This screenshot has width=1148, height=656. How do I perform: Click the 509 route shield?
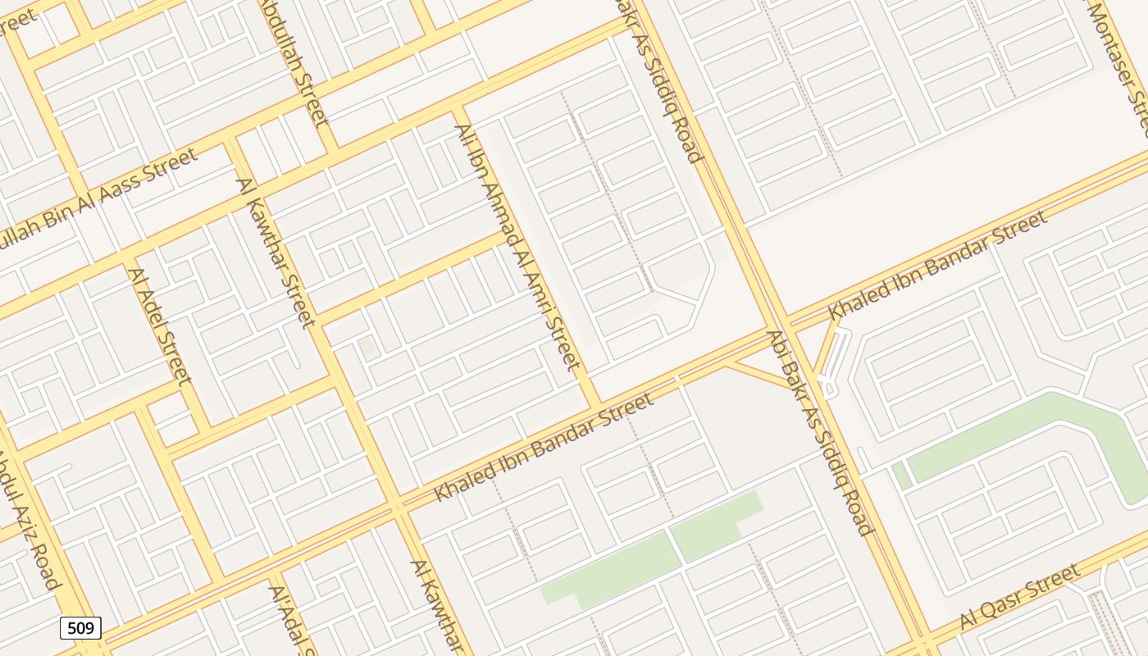click(x=80, y=628)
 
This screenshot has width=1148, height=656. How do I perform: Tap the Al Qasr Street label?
click(x=1019, y=598)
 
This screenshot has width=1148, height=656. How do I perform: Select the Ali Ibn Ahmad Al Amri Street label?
click(x=517, y=247)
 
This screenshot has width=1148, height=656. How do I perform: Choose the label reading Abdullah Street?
click(x=295, y=61)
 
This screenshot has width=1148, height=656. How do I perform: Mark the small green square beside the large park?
click(x=901, y=476)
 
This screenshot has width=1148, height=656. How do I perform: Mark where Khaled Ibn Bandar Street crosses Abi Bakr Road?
click(x=779, y=325)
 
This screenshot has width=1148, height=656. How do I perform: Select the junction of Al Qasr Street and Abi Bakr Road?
click(x=924, y=641)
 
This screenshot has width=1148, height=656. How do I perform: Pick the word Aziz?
click(x=25, y=508)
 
